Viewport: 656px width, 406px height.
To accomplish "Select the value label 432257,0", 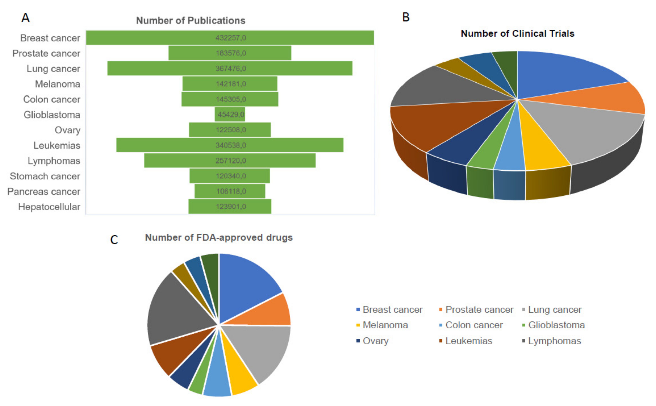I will click(230, 38).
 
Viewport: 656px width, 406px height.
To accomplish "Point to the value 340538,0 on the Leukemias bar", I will click(230, 145).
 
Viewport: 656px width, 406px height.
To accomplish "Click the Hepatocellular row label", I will click(49, 207).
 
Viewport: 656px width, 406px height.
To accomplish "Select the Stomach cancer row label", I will click(45, 176).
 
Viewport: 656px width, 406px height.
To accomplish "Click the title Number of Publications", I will click(191, 21).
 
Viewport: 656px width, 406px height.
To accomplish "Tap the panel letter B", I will click(406, 17).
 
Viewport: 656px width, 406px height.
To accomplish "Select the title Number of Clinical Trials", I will click(517, 34).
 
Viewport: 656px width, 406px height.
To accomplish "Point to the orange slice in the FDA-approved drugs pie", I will click(268, 312).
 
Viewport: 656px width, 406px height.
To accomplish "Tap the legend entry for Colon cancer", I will click(474, 325).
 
